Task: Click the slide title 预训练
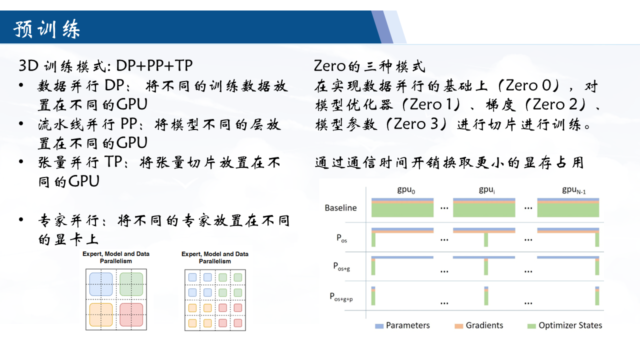46,29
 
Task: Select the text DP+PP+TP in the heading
154,65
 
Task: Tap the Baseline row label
340,207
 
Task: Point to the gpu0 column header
406,190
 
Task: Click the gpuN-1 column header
573,190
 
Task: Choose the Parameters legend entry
402,325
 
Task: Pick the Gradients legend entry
479,325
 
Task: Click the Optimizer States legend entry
564,325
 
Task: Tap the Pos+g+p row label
341,297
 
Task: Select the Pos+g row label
341,266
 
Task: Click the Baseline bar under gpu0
402,207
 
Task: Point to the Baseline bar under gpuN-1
568,207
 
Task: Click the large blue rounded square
101,284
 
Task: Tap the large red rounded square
131,314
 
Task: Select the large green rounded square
131,284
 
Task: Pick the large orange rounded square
101,314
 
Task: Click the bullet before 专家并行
21,219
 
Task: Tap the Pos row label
341,238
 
